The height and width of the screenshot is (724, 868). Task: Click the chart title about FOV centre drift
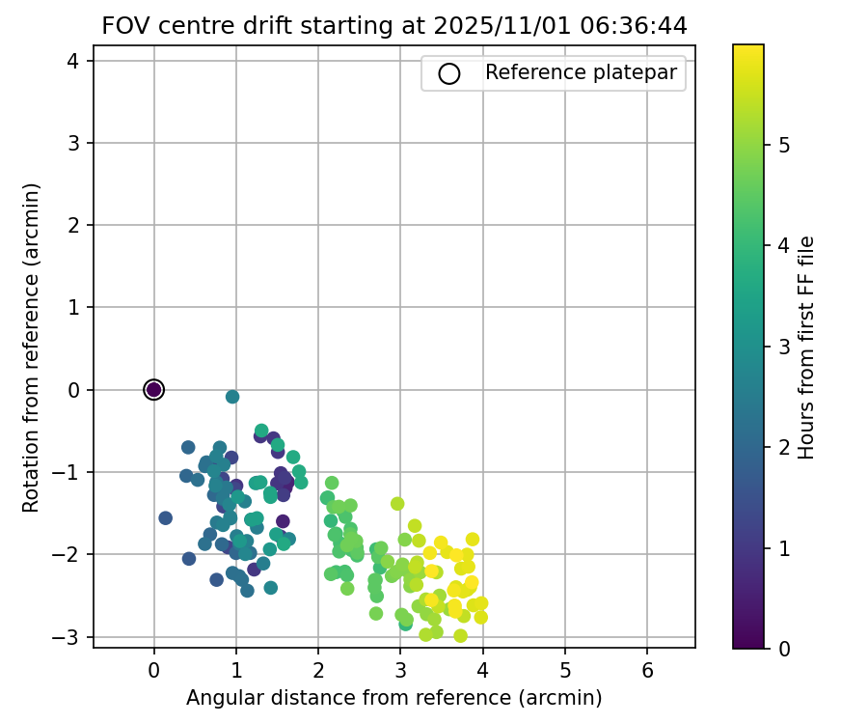click(x=394, y=26)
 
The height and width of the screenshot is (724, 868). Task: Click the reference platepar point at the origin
click(x=153, y=389)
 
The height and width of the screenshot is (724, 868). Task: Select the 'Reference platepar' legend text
click(x=581, y=72)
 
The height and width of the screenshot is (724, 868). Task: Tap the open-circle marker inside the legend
click(x=448, y=73)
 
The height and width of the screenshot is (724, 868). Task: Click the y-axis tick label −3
click(x=69, y=637)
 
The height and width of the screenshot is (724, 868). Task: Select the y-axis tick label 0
click(x=74, y=390)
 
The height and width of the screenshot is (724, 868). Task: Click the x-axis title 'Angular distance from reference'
click(x=394, y=698)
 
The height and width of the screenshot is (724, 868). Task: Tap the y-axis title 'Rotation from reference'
click(x=31, y=348)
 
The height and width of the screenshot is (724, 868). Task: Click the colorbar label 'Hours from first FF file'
click(x=806, y=348)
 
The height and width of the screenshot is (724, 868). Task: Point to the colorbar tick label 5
click(x=784, y=145)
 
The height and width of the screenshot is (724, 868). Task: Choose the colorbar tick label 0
click(x=784, y=649)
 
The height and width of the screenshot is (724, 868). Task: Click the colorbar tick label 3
click(x=784, y=347)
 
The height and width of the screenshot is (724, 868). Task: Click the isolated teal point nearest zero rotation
click(x=232, y=397)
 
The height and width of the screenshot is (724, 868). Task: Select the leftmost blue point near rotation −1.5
click(x=165, y=518)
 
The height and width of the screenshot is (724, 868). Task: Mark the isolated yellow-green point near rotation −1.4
click(x=397, y=504)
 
